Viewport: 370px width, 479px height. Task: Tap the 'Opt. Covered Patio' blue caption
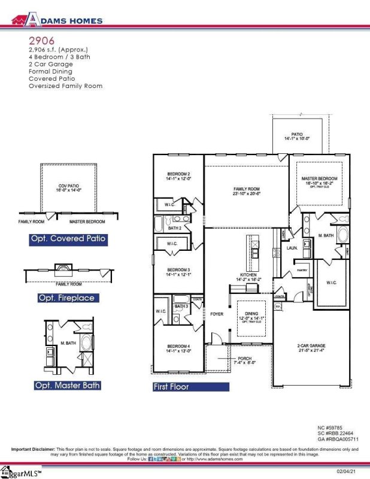[68, 239]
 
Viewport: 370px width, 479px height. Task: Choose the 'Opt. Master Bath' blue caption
[68, 385]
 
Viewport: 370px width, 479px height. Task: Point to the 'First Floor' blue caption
[171, 387]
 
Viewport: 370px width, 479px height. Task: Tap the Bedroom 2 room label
[178, 176]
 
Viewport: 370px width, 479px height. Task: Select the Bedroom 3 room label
[178, 272]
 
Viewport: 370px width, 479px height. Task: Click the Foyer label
[216, 313]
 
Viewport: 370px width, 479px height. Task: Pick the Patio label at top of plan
[296, 136]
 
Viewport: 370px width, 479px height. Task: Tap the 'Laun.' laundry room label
[292, 247]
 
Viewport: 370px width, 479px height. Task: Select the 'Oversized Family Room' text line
[65, 86]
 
